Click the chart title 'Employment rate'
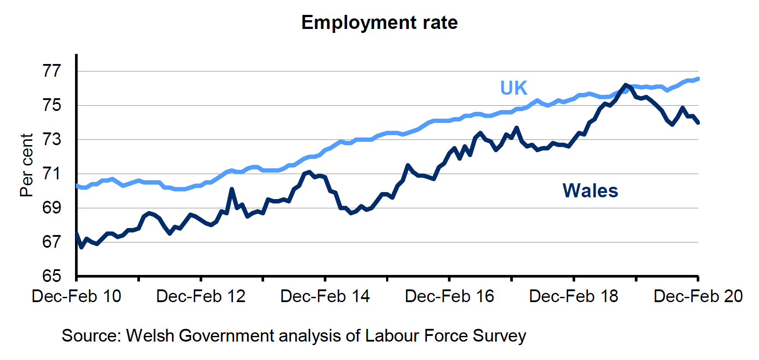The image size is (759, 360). tap(379, 23)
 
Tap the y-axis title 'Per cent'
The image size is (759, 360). tap(27, 165)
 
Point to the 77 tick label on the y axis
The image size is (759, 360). tap(52, 71)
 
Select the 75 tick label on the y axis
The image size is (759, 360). tap(52, 105)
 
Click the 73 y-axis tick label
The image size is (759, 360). tap(52, 139)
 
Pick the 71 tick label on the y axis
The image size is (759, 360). tap(52, 174)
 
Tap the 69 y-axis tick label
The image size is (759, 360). tap(52, 208)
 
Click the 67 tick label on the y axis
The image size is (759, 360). tap(52, 242)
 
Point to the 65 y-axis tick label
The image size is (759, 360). tap(52, 276)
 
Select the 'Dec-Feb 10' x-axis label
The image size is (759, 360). tap(76, 296)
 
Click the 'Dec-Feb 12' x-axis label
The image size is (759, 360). tap(201, 296)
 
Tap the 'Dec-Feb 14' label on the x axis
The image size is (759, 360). tap(325, 296)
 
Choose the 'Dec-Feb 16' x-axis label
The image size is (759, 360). tap(450, 296)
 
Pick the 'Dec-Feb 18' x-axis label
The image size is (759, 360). tap(574, 296)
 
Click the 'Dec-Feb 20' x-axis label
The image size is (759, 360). tap(698, 296)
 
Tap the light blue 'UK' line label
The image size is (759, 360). tap(514, 88)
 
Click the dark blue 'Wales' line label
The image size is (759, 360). tap(591, 191)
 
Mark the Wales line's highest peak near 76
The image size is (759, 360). tap(625, 85)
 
